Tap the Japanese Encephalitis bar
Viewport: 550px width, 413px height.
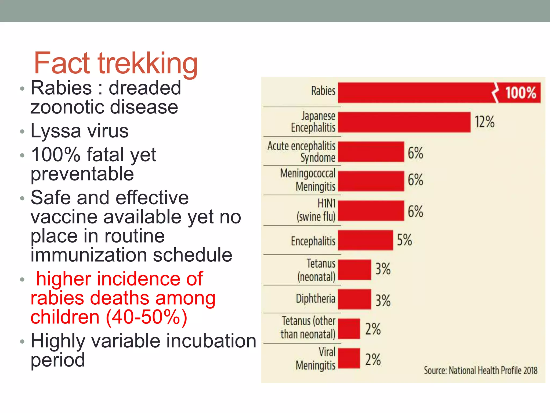coord(404,122)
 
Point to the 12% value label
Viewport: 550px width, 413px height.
coord(484,122)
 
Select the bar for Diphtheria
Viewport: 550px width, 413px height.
coord(354,299)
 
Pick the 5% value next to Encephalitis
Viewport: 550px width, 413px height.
coord(404,240)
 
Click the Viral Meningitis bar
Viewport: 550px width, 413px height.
coord(349,358)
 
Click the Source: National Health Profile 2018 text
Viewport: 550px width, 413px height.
coord(480,371)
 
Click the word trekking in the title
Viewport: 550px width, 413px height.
coord(148,63)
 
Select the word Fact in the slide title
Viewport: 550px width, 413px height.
coord(62,63)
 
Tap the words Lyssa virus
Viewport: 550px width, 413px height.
coord(79,131)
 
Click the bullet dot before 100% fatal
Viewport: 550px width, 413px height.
coord(22,155)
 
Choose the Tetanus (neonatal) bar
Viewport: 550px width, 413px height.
coord(354,270)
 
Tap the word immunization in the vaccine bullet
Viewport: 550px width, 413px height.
coord(89,255)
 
